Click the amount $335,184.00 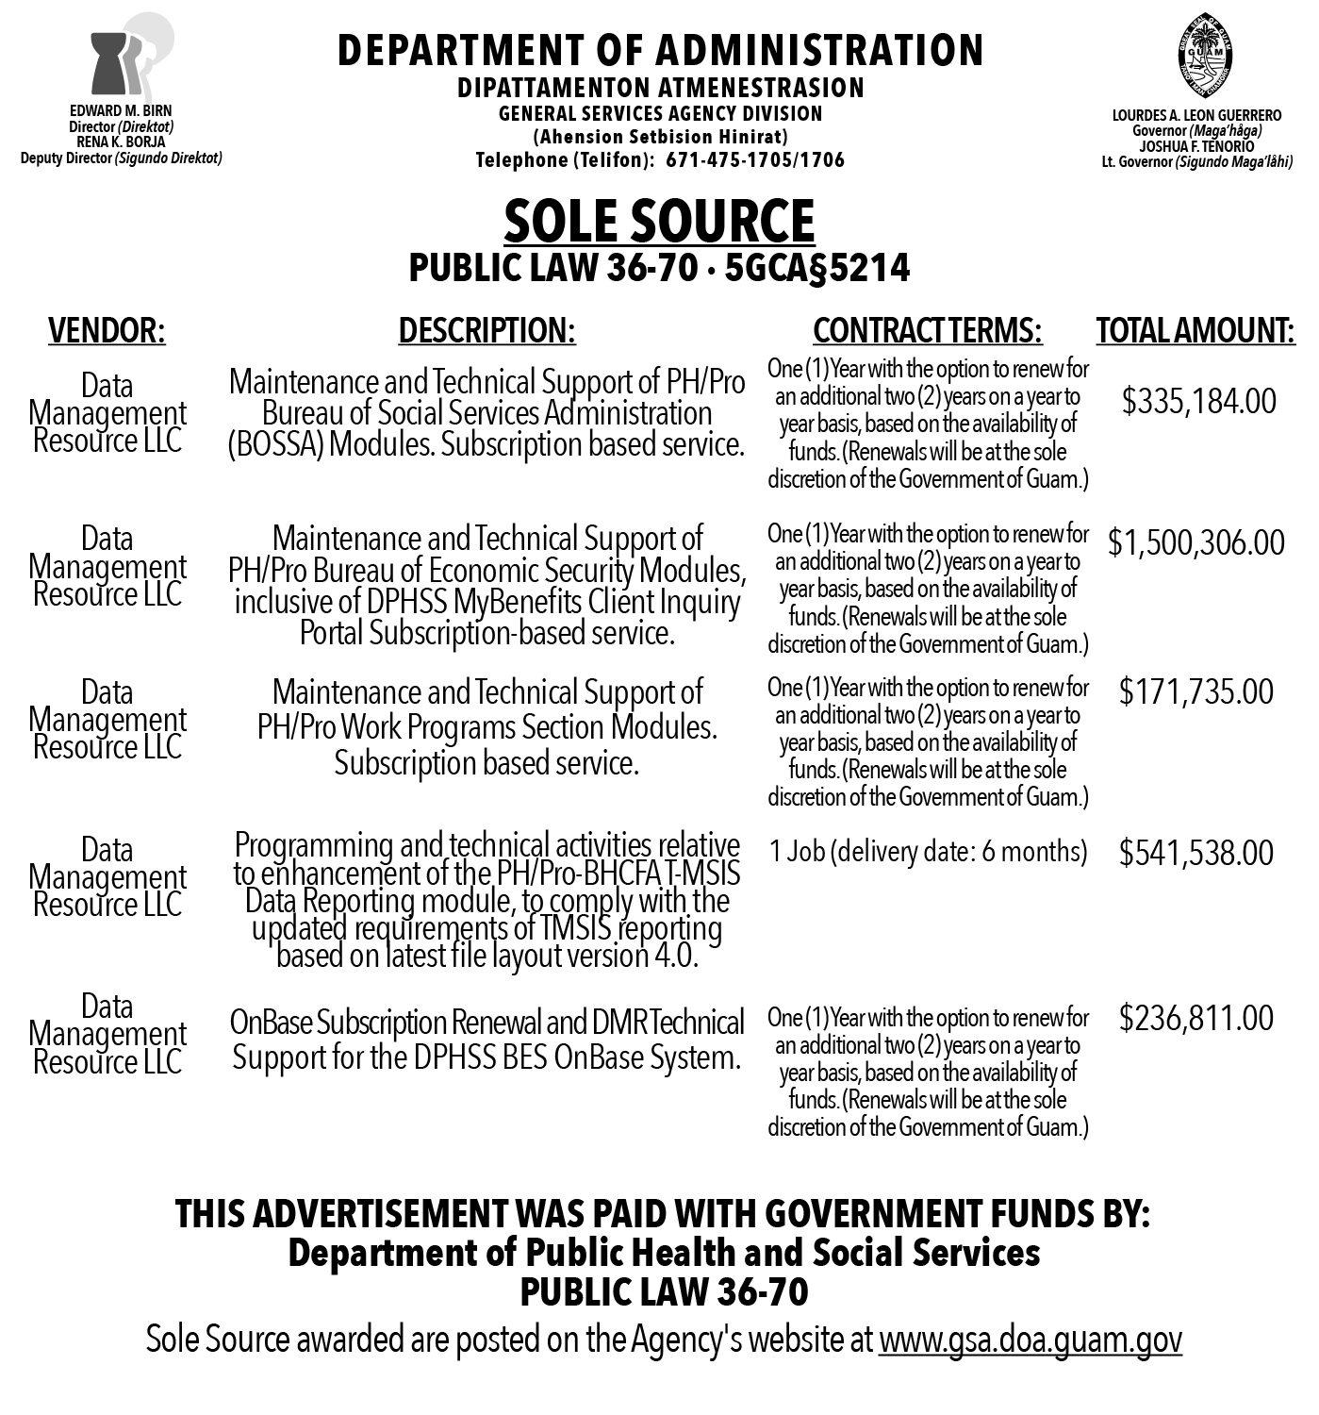tap(1198, 401)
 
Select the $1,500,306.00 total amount tap(1195, 542)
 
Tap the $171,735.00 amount tap(1195, 691)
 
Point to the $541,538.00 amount tap(1195, 853)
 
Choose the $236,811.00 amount tap(1195, 1018)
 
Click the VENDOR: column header tap(107, 330)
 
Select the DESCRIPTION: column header tap(486, 330)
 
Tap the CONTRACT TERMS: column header tap(927, 330)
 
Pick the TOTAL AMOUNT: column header tap(1195, 330)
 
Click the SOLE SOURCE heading tap(659, 222)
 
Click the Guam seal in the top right tap(1204, 58)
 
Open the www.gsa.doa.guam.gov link tap(1030, 1340)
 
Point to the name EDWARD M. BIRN tap(121, 110)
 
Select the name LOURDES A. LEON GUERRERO tap(1196, 115)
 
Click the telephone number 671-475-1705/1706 tap(755, 159)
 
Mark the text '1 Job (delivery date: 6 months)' tap(928, 852)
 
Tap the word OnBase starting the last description tap(271, 1023)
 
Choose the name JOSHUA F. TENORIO tap(1196, 146)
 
